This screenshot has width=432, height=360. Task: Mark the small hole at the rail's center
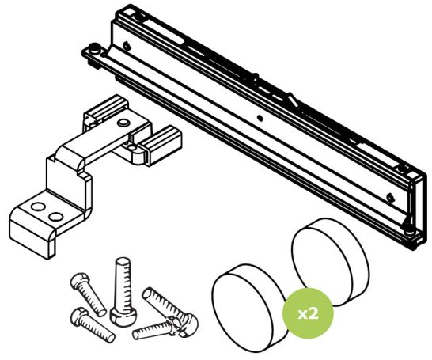pos(259,117)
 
